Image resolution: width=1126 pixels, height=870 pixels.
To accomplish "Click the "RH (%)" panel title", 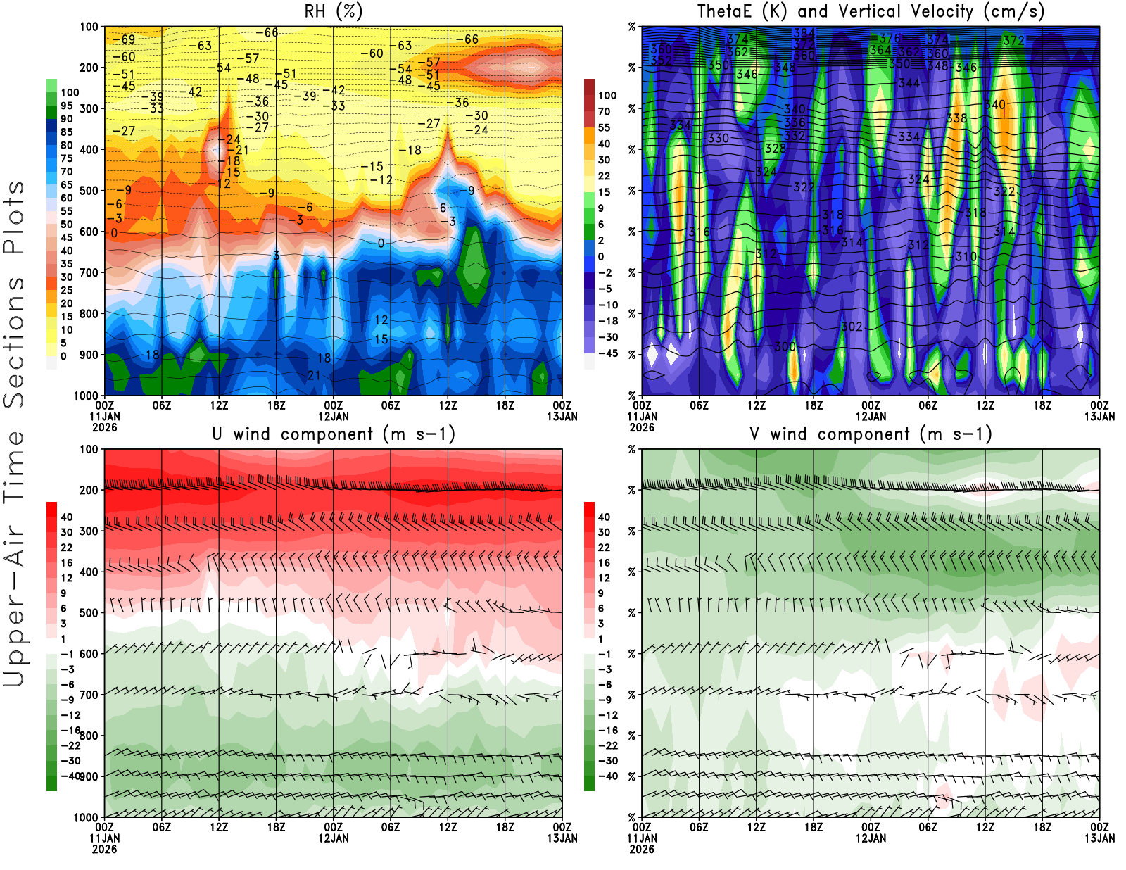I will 333,12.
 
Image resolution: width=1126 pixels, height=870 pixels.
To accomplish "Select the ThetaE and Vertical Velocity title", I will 871,12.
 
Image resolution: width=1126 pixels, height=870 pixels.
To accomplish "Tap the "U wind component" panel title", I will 333,434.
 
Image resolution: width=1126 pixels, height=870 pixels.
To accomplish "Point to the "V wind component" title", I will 871,434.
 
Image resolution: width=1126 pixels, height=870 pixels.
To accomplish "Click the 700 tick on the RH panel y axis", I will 89,272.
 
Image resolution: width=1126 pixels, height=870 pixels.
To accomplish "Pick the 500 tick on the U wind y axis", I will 89,612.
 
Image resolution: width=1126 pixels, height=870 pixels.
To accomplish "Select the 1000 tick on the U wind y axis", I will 87,817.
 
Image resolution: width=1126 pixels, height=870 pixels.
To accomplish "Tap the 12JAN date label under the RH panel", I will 333,416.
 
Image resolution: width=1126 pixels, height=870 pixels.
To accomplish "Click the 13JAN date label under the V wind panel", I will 1099,838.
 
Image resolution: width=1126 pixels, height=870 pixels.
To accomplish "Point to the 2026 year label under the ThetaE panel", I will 642,427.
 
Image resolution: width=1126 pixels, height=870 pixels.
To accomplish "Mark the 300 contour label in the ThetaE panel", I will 785,346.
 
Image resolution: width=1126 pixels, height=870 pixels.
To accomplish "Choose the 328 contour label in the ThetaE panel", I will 775,148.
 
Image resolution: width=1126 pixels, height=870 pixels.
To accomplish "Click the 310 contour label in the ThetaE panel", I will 966,256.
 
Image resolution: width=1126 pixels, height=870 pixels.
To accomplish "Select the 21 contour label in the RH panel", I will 314,375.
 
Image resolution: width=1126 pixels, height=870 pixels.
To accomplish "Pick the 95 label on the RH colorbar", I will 67,106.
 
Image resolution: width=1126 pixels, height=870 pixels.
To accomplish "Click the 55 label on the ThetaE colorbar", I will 604,127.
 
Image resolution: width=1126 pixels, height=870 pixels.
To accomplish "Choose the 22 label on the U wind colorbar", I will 67,547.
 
